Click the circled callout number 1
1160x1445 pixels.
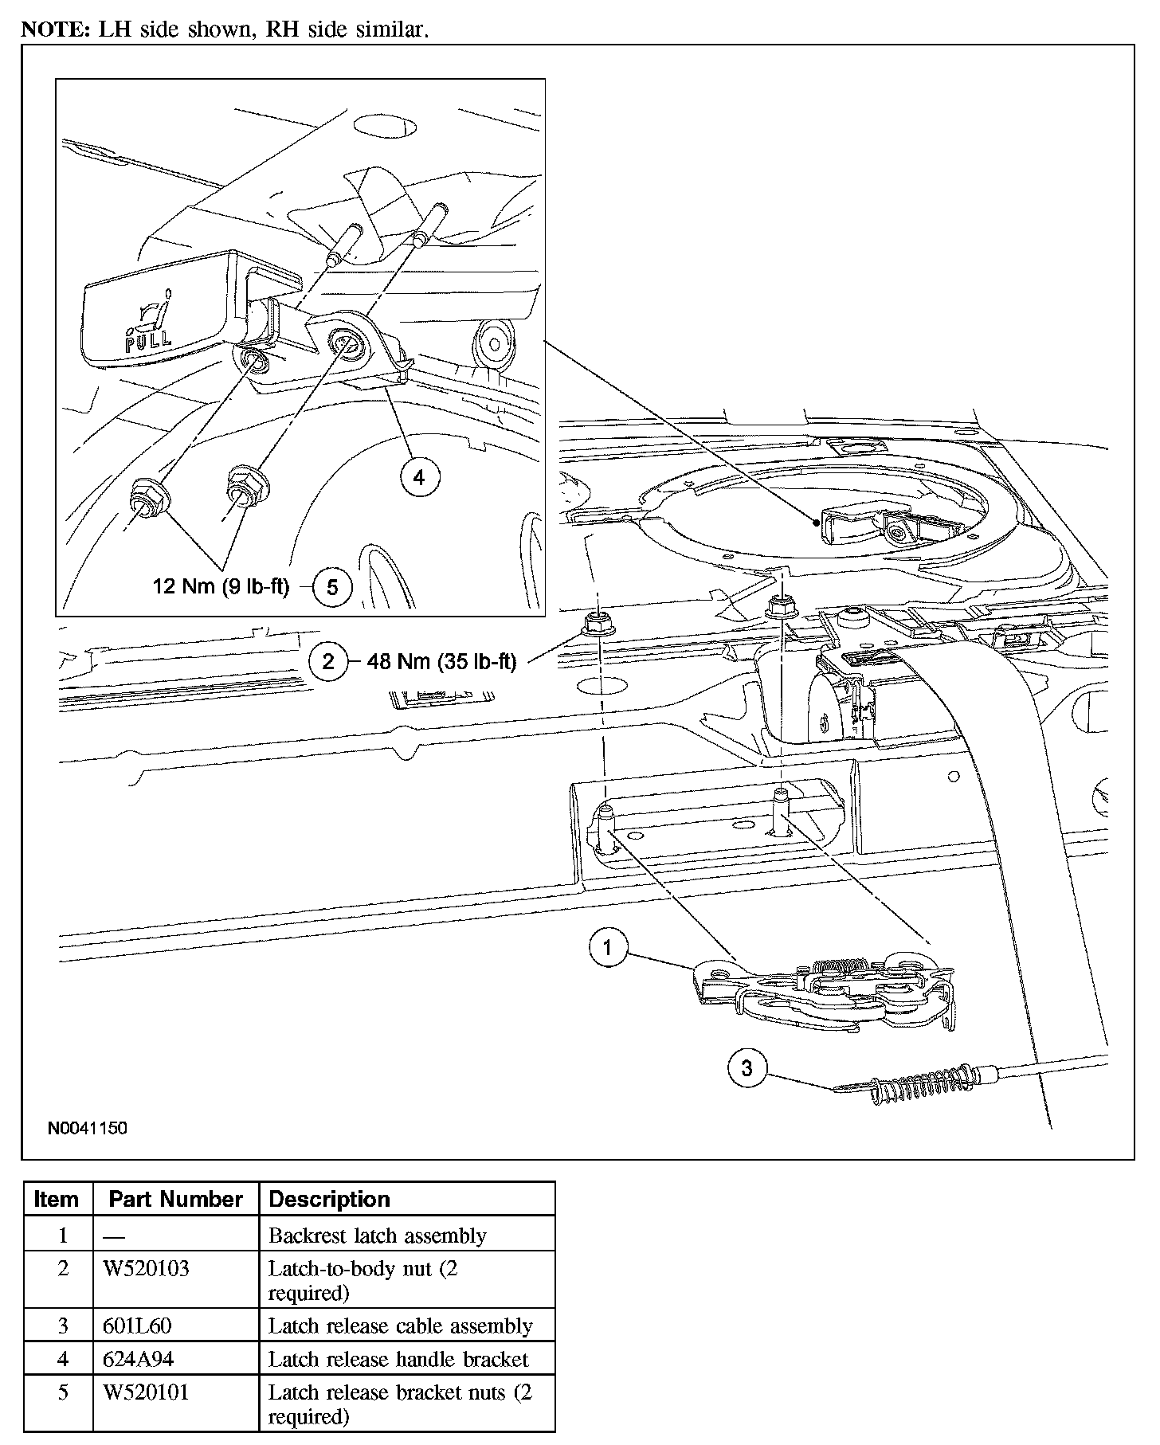point(608,948)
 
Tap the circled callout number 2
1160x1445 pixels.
point(328,661)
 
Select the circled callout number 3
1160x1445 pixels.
point(747,1068)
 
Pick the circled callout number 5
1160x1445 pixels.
point(332,587)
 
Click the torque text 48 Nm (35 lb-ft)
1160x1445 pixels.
point(441,662)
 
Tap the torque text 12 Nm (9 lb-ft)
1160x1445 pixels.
point(221,587)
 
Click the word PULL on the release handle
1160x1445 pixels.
point(149,338)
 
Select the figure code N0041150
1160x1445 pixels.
point(87,1128)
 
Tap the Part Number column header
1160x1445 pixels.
point(175,1200)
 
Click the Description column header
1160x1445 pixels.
point(329,1200)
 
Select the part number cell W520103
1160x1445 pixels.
point(147,1269)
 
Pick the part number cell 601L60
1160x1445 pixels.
point(137,1326)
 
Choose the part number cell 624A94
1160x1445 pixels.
point(138,1359)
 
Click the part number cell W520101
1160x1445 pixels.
point(147,1392)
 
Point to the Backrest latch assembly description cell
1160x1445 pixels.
point(377,1235)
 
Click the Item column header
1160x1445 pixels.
point(57,1200)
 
